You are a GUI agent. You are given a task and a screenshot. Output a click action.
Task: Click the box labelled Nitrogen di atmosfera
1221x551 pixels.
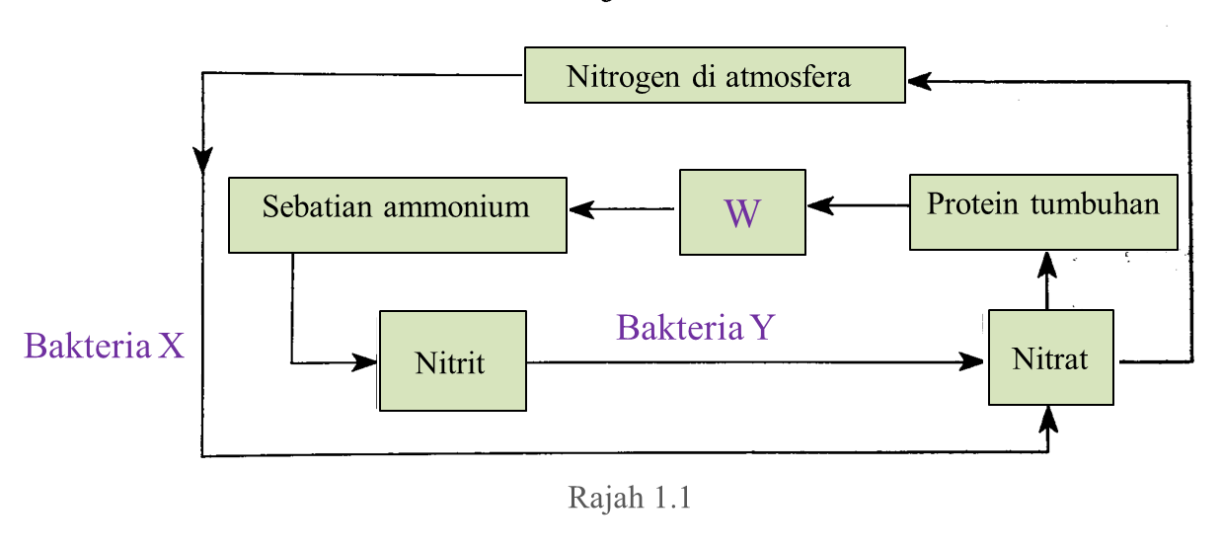pos(714,75)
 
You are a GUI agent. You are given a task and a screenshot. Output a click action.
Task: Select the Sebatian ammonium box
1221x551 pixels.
pos(397,214)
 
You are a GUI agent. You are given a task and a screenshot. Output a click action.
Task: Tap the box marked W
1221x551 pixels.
pos(742,212)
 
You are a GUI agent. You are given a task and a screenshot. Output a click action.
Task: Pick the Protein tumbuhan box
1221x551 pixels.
pos(1042,212)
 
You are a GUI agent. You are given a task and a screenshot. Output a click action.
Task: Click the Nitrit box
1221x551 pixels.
pos(452,360)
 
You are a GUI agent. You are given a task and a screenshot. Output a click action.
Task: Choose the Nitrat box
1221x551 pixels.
pos(1050,356)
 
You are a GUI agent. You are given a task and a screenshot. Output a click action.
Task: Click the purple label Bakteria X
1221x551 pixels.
pos(104,346)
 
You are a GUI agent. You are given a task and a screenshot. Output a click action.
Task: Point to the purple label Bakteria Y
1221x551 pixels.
pos(695,327)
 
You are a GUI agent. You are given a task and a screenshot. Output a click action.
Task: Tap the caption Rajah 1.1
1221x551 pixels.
pos(629,497)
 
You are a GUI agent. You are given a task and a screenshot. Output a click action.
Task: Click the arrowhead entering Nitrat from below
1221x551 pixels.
pos(1048,419)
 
